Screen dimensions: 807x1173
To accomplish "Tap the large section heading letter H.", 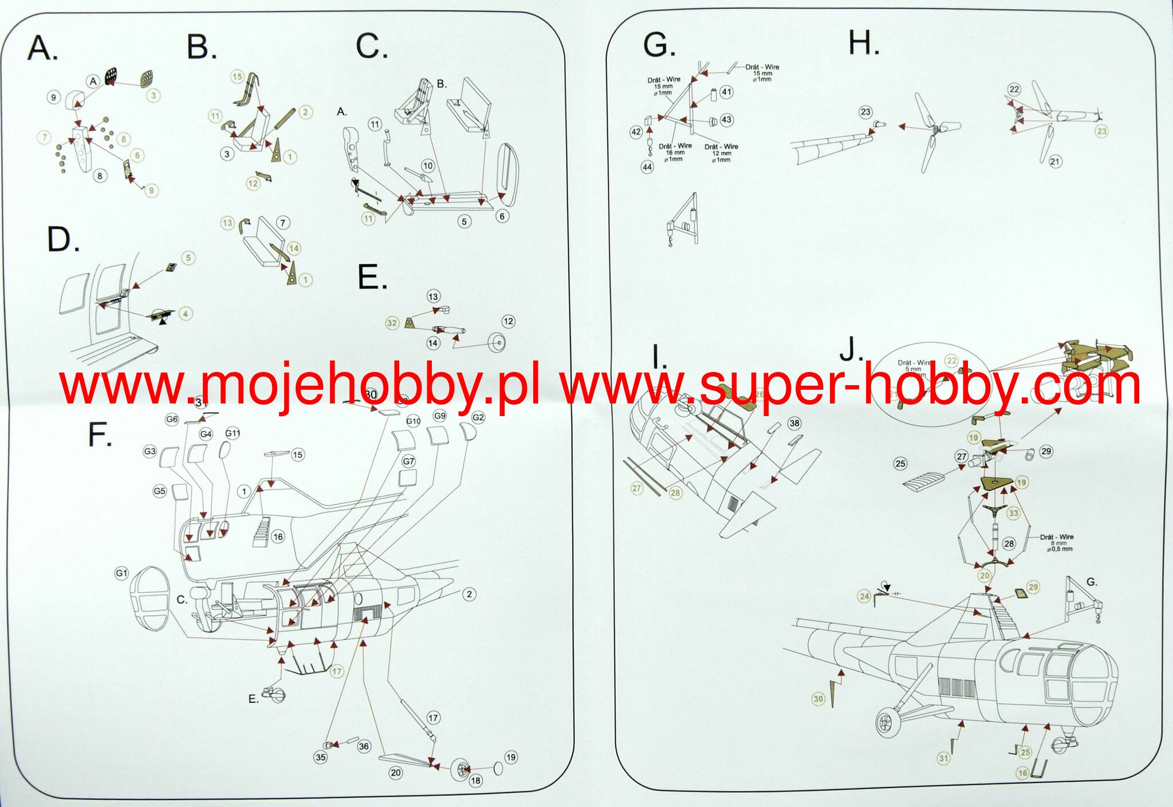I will pyautogui.click(x=863, y=43).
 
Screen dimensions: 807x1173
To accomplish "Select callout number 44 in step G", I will pyautogui.click(x=647, y=167).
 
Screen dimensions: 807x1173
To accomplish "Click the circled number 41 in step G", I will pyautogui.click(x=727, y=92).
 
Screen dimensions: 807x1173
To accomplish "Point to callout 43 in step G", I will pyautogui.click(x=727, y=120).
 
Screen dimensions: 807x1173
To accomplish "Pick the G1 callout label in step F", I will pyautogui.click(x=121, y=573).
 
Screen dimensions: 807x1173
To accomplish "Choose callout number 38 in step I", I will pyautogui.click(x=794, y=424).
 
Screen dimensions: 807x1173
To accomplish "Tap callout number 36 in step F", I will pyautogui.click(x=364, y=746).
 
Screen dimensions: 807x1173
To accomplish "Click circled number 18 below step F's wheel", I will pyautogui.click(x=475, y=781).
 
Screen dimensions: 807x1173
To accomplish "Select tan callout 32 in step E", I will pyautogui.click(x=392, y=323).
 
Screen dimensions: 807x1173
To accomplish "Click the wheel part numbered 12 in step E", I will pyautogui.click(x=496, y=343).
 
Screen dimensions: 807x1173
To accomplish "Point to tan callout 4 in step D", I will pyautogui.click(x=185, y=314).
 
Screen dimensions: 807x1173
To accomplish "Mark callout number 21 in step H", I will pyautogui.click(x=1055, y=162).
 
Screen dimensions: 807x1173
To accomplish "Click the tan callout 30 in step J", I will pyautogui.click(x=818, y=699).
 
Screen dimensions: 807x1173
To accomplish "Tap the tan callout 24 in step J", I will pyautogui.click(x=864, y=597).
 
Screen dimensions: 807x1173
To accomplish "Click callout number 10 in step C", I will pyautogui.click(x=428, y=166).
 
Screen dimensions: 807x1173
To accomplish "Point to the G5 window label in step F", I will pyautogui.click(x=160, y=491).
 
